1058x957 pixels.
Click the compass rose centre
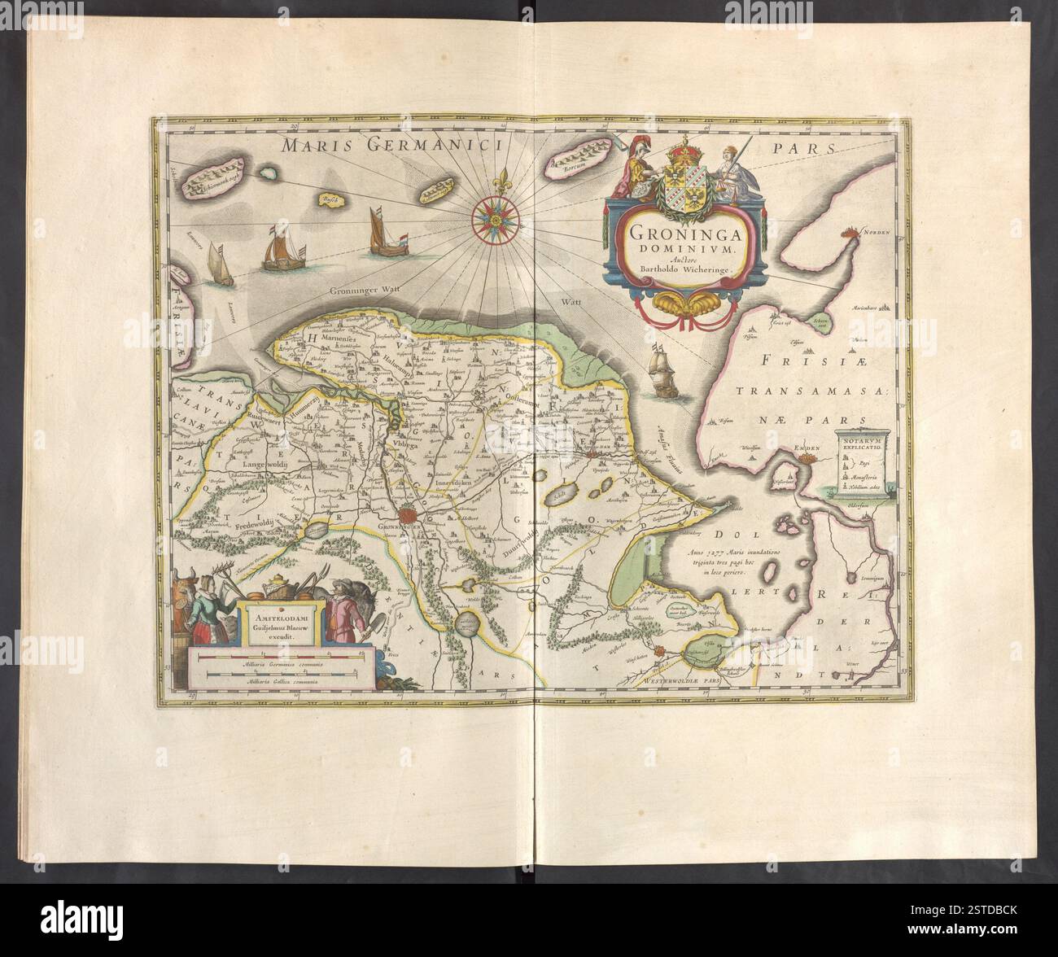(x=494, y=215)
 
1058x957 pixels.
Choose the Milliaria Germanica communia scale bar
(x=282, y=656)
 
